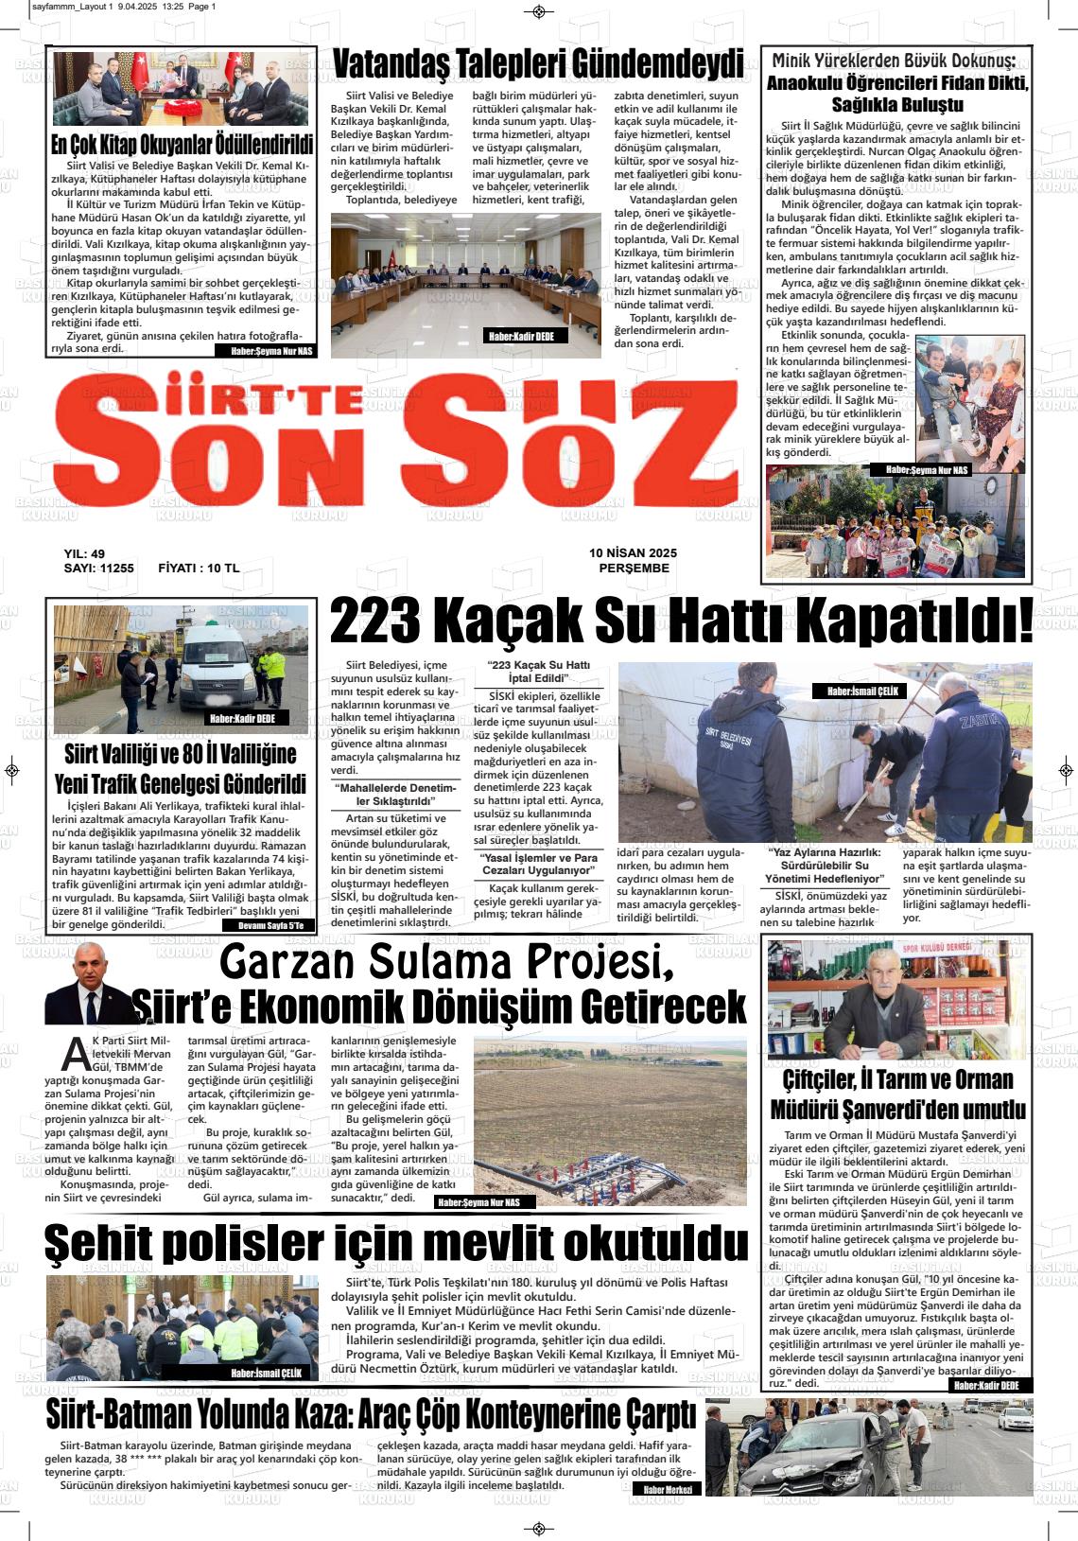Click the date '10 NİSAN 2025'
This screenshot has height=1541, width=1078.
[x=633, y=552]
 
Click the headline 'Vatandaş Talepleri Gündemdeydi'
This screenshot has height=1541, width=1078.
[x=538, y=63]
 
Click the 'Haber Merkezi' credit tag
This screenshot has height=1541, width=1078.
[x=668, y=1489]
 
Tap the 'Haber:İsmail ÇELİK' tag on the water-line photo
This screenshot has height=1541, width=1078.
[x=860, y=692]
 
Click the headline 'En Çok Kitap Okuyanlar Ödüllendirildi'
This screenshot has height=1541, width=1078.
[x=182, y=145]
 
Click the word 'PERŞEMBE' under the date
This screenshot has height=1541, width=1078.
[x=634, y=569]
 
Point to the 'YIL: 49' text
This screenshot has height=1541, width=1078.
[x=84, y=553]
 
